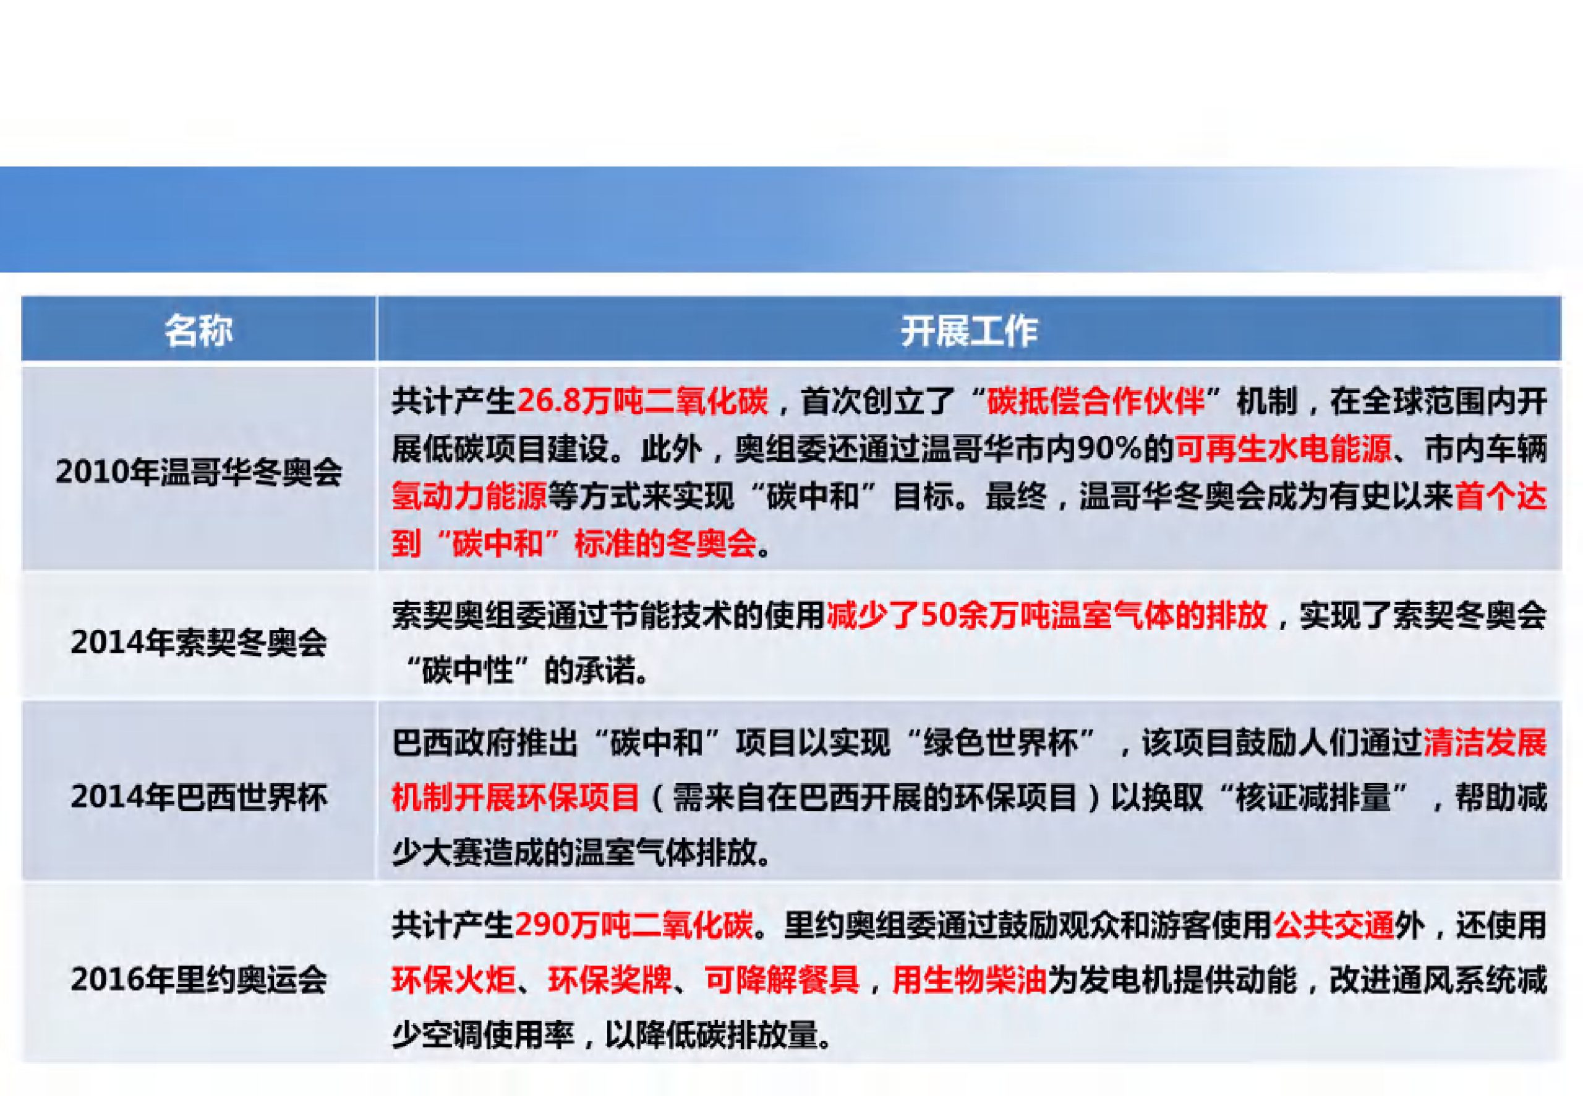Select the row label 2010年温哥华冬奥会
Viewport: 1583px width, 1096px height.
(198, 472)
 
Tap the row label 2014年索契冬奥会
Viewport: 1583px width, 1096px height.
(198, 642)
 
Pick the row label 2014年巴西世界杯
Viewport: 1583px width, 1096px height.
(198, 797)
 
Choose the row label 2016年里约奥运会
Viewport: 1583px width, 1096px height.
(198, 979)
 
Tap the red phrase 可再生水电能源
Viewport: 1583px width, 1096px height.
(1283, 449)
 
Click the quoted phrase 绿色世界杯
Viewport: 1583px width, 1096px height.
(1001, 743)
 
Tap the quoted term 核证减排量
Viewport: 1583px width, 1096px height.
(1312, 797)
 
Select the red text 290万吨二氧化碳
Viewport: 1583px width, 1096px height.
(634, 925)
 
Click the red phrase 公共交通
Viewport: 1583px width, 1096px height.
(1334, 925)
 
